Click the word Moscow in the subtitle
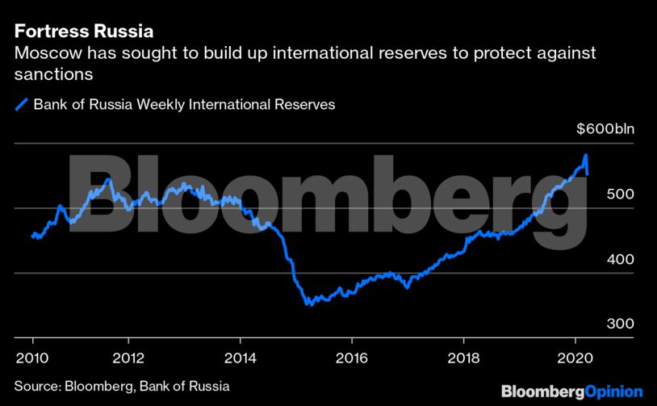[41, 54]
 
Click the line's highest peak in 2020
[585, 155]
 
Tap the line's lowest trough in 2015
[308, 304]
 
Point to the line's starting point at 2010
[32, 236]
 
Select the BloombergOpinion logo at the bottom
[571, 391]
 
